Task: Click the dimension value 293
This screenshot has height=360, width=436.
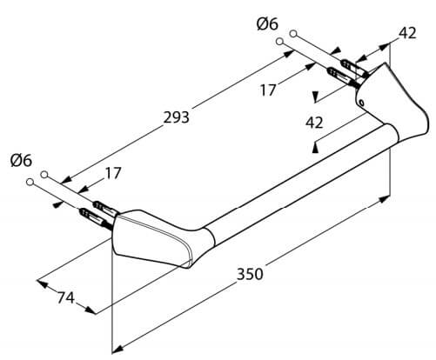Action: [176, 117]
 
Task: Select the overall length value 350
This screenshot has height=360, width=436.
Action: [250, 274]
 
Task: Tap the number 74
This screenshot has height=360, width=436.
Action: [66, 297]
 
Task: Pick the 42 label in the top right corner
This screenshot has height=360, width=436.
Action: [407, 33]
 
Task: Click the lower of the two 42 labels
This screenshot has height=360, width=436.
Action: [314, 123]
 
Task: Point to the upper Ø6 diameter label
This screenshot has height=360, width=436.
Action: [267, 23]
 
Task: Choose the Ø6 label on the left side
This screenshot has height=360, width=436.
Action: [21, 160]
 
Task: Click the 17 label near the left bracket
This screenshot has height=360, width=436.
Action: [112, 173]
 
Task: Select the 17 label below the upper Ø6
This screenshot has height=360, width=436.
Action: [267, 90]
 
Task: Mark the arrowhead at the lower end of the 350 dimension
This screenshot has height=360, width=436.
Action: [117, 349]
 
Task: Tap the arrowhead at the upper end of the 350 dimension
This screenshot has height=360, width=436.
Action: [385, 199]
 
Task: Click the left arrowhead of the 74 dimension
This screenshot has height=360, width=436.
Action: [42, 283]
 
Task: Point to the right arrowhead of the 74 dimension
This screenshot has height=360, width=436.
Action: [91, 310]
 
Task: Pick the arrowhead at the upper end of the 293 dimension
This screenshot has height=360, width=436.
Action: [289, 54]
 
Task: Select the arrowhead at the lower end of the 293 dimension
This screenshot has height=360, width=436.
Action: [66, 180]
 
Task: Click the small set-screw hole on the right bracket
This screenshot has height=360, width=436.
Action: [361, 103]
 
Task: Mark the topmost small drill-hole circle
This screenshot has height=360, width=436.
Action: [293, 34]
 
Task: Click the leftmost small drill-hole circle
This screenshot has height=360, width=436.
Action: [30, 182]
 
